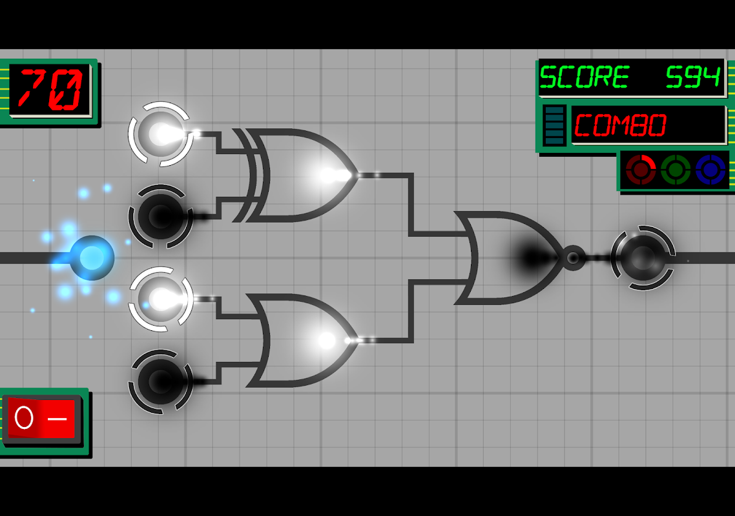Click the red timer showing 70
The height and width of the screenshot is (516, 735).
point(50,89)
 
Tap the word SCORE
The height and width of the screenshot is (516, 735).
point(585,77)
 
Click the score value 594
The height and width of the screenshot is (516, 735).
point(693,77)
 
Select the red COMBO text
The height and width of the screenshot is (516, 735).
point(620,126)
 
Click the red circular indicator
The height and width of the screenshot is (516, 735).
point(641,170)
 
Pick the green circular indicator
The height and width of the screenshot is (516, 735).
point(676,170)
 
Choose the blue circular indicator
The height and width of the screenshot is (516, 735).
point(710,170)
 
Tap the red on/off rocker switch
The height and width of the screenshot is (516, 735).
point(41,418)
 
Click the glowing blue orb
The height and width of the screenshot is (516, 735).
point(92,258)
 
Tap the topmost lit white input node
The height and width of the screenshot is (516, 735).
point(160,134)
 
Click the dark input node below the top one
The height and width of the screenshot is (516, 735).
point(160,216)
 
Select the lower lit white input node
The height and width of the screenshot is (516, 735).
point(160,299)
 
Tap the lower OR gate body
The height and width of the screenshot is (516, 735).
point(303,341)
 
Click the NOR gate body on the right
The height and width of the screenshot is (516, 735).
point(511,257)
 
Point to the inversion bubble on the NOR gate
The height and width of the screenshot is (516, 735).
point(573,257)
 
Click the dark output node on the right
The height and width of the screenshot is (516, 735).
point(643,257)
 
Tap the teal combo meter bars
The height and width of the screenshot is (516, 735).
point(555,126)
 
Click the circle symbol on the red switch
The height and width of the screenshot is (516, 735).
point(24,418)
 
